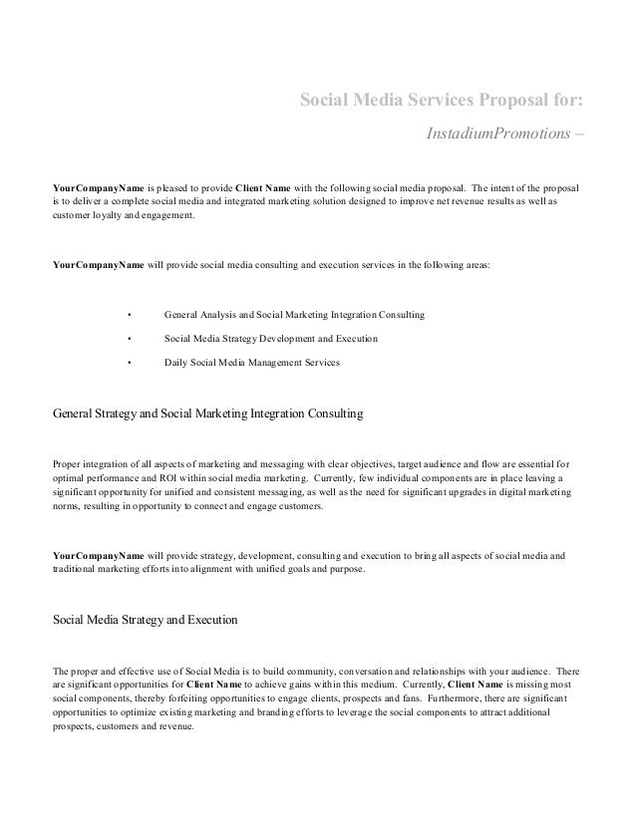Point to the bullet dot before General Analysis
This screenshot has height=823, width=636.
point(129,315)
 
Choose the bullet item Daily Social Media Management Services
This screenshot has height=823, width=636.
point(251,364)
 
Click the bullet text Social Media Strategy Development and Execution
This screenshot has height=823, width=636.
point(270,340)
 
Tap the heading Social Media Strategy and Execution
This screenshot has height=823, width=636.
point(145,619)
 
